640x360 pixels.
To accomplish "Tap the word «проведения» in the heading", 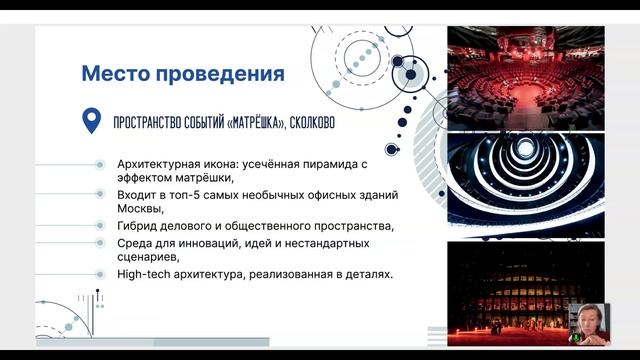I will (223, 74).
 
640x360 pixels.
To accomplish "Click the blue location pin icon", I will (91, 122).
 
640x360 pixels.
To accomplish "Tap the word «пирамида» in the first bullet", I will (316, 163).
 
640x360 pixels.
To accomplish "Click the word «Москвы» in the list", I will (138, 209).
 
